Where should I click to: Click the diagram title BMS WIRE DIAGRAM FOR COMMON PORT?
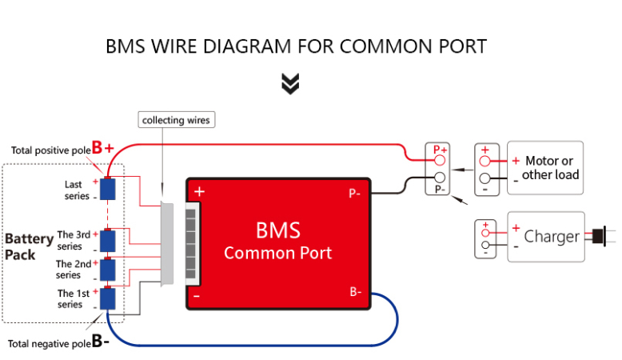pos(296,46)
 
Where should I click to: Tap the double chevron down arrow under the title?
pos(291,83)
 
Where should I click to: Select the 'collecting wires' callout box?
pos(176,120)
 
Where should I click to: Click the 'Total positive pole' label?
pos(50,150)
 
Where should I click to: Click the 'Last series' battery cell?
pos(109,190)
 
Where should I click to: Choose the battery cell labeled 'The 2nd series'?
pos(109,270)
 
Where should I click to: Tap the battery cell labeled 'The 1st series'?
pos(109,299)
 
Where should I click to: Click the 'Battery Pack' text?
pos(29,246)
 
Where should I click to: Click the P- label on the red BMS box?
pos(355,193)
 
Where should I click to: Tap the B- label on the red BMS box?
pos(355,292)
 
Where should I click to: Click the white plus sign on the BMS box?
pos(200,192)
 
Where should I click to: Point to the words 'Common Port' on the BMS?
pos(277,254)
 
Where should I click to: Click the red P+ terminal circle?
pos(440,160)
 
